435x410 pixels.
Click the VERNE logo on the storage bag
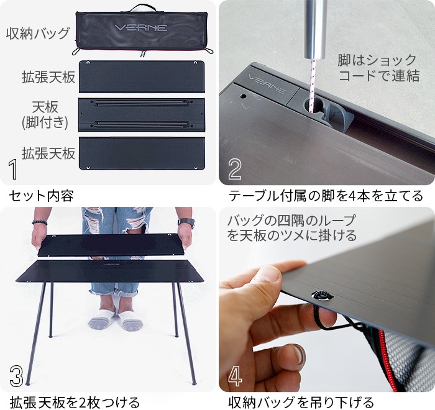(x=141, y=28)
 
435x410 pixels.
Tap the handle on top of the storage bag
(x=141, y=7)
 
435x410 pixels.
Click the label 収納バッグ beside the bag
(x=38, y=33)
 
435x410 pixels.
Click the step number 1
(x=14, y=169)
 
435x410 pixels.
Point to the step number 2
(x=235, y=169)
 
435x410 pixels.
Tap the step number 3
(x=17, y=375)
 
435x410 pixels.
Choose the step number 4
(x=236, y=375)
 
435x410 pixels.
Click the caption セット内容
(x=41, y=196)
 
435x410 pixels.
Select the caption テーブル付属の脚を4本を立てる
(x=326, y=196)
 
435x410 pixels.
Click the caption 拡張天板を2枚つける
(x=75, y=401)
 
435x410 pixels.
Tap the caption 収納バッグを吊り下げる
(x=301, y=401)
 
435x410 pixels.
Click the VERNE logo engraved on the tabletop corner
(x=268, y=80)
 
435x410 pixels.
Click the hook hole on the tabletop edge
(x=322, y=296)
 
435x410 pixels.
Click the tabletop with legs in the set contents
(x=141, y=114)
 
